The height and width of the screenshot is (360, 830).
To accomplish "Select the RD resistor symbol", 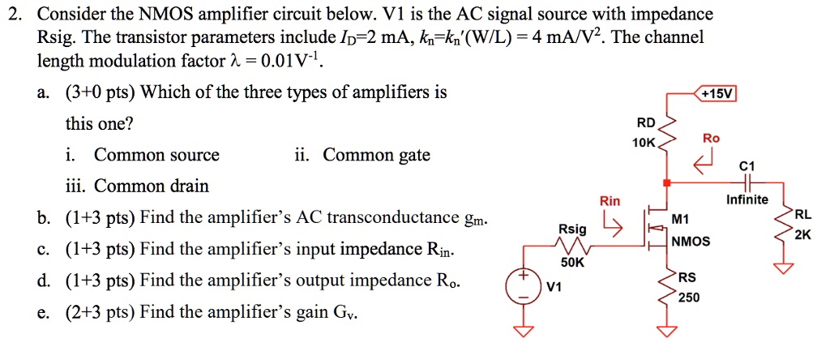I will coord(666,138).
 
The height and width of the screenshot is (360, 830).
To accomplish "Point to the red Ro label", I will coord(712,139).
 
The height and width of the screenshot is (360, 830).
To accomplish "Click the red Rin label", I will coord(610,201).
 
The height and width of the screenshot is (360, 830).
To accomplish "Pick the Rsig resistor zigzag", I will coord(573,245).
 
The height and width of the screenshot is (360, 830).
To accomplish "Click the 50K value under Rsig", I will coord(572,263).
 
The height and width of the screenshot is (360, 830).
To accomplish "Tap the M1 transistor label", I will coord(681,220).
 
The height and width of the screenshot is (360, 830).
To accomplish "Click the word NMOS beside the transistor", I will coord(691,242).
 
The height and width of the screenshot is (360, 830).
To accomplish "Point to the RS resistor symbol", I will coord(667,288).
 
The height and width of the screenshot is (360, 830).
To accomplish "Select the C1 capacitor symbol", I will coord(747,183).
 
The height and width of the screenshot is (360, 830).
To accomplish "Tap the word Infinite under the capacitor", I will coord(747,199).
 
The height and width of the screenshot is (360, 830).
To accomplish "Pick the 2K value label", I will coord(802,235).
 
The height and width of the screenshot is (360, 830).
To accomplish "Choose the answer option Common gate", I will coord(377,155).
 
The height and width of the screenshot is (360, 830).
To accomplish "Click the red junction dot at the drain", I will coord(666,183).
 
